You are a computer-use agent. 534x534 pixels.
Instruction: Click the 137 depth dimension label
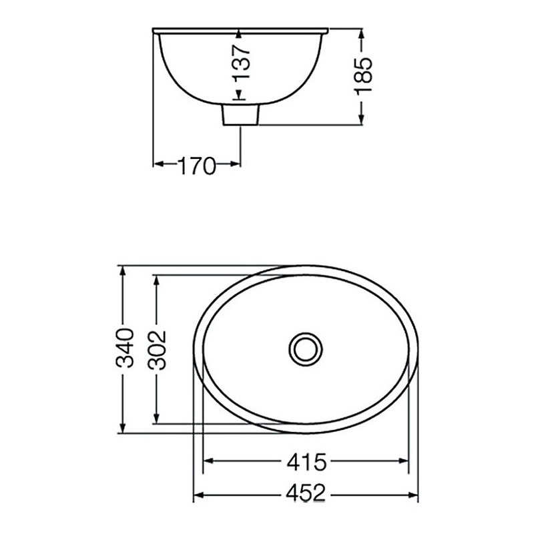tap(242, 63)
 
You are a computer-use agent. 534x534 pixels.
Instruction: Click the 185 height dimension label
tap(363, 75)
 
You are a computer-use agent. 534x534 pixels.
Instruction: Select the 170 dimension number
tap(197, 166)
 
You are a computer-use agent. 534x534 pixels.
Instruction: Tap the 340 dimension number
tap(124, 348)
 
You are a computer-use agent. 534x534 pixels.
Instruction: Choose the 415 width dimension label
tap(306, 462)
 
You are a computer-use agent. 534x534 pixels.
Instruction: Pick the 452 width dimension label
tap(306, 493)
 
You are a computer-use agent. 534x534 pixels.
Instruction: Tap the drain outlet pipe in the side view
tap(240, 115)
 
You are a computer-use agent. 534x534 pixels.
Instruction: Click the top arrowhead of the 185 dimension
tap(361, 35)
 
